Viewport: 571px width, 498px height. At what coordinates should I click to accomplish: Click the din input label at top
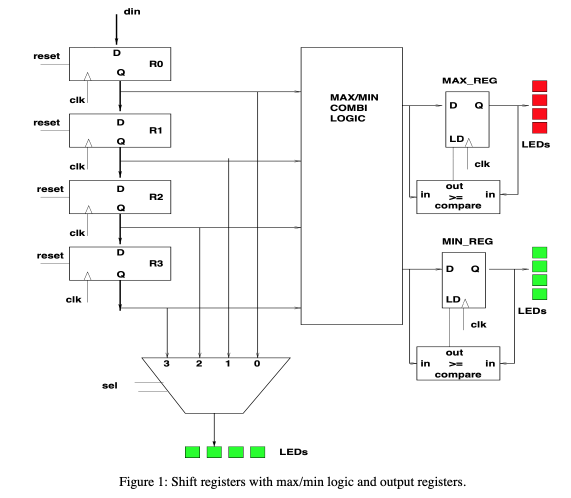(x=132, y=11)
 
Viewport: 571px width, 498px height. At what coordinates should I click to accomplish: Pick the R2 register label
(x=156, y=197)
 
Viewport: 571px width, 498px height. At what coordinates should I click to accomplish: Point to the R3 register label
(x=156, y=263)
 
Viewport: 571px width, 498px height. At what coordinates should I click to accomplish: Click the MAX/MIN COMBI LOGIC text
(x=354, y=107)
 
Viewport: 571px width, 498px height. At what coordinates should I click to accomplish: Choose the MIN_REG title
(x=467, y=241)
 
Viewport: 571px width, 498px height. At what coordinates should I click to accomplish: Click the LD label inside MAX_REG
(x=456, y=138)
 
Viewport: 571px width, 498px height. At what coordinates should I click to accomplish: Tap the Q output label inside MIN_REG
(x=475, y=269)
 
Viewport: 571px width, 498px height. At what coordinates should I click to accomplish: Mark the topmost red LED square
(x=539, y=86)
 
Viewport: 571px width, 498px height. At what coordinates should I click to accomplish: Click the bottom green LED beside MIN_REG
(x=539, y=294)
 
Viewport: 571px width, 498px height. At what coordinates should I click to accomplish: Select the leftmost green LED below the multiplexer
(x=192, y=452)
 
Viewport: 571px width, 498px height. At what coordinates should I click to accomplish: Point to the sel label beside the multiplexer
(x=109, y=385)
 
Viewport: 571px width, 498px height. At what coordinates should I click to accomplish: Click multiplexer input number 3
(x=166, y=364)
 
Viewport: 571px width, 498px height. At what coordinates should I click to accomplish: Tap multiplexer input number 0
(x=257, y=364)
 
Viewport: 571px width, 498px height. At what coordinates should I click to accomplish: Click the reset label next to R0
(x=46, y=56)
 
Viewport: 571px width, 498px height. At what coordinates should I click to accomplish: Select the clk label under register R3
(x=73, y=299)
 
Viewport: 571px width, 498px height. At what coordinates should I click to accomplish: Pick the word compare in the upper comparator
(x=458, y=205)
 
